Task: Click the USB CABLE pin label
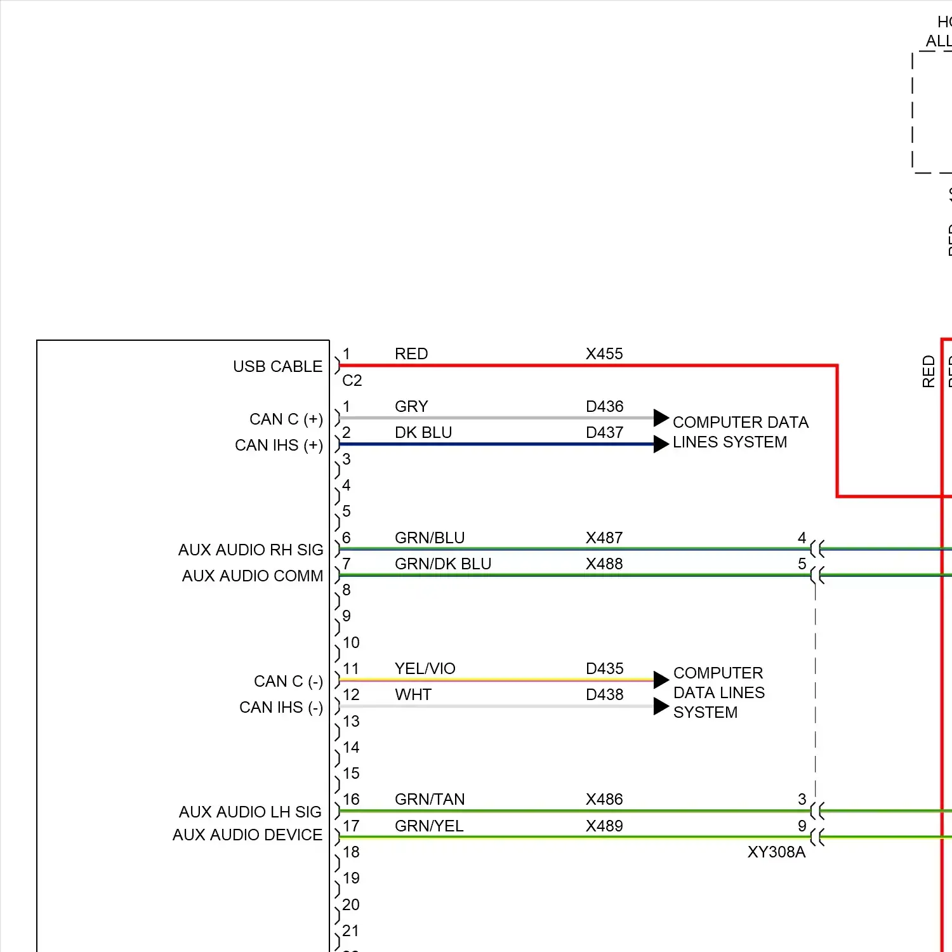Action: click(x=277, y=367)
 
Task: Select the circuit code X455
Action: click(x=604, y=354)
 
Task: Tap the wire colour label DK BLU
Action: click(x=423, y=432)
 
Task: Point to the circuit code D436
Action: click(x=604, y=406)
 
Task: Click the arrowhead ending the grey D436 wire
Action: click(x=661, y=418)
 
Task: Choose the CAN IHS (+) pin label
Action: click(x=279, y=446)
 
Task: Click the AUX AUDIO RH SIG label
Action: click(x=251, y=550)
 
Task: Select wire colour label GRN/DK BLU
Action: click(x=443, y=564)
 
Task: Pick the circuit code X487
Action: click(x=604, y=538)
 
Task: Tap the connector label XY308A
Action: click(x=776, y=852)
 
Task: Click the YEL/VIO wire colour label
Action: click(x=425, y=668)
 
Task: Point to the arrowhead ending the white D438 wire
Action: click(x=661, y=706)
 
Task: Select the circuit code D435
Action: click(x=604, y=668)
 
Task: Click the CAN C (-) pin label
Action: click(x=288, y=682)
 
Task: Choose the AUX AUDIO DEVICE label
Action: click(x=248, y=835)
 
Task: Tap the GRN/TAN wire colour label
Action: click(x=430, y=799)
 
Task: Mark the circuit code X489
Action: click(x=604, y=826)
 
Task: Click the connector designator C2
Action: click(x=352, y=380)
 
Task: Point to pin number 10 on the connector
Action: click(x=351, y=642)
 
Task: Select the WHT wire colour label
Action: click(x=413, y=694)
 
